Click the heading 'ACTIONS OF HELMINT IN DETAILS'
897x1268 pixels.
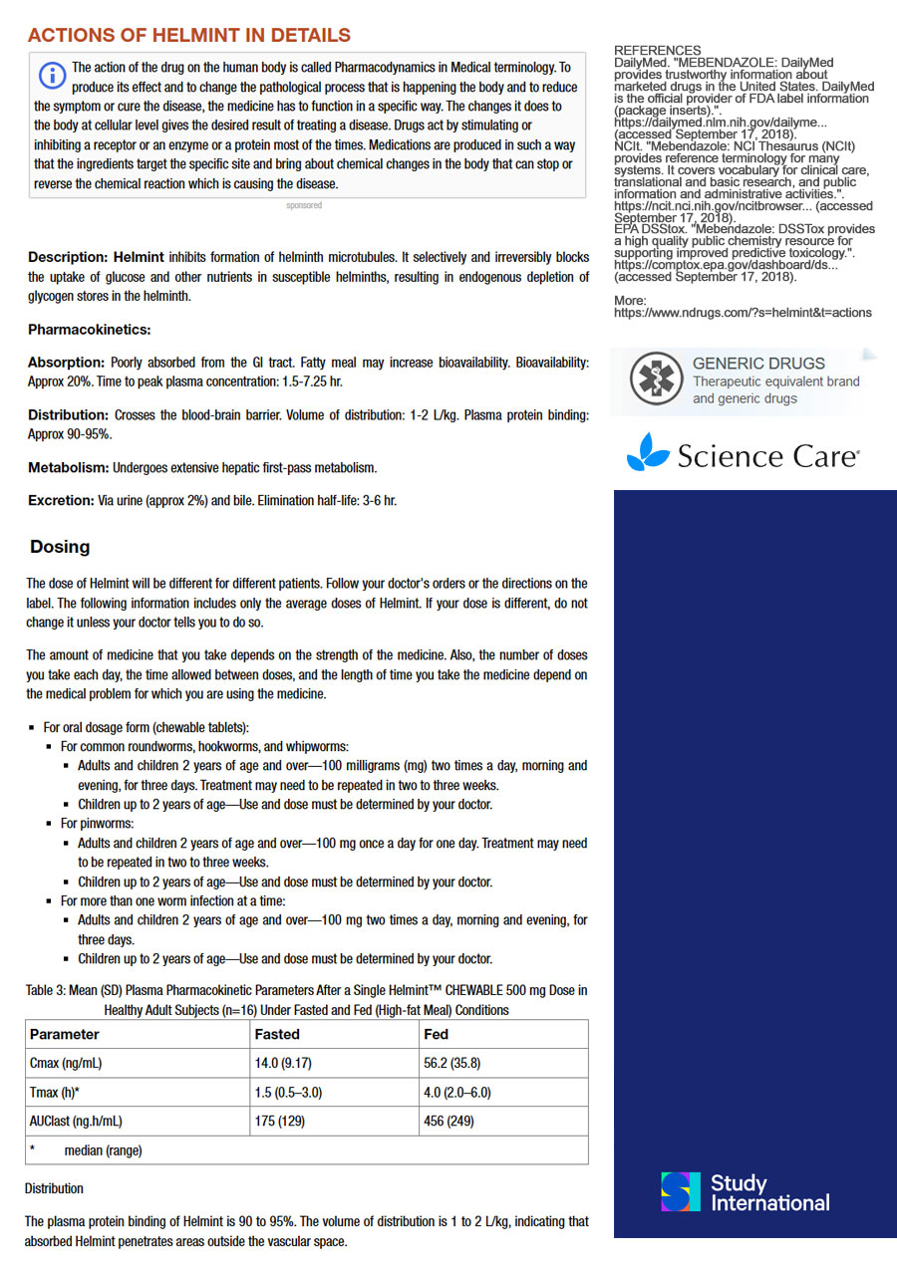[x=189, y=36]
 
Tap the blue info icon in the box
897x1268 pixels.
[x=50, y=74]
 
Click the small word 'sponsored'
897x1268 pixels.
[x=304, y=205]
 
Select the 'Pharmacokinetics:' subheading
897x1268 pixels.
[x=90, y=330]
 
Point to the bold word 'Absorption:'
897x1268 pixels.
[x=66, y=363]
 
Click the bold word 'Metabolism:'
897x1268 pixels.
[x=69, y=467]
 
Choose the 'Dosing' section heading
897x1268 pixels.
[x=60, y=547]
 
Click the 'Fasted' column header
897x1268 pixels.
[x=277, y=1034]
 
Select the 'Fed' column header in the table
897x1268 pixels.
[x=436, y=1034]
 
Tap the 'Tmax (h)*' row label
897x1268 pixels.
[x=55, y=1092]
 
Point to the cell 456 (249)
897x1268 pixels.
[x=448, y=1121]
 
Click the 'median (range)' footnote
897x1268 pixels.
[x=103, y=1150]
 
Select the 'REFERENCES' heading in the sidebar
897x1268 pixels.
[x=657, y=51]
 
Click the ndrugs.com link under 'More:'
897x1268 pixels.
[x=743, y=313]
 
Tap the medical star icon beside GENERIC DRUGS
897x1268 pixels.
[x=654, y=380]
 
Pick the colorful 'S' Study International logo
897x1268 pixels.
[x=681, y=1191]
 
